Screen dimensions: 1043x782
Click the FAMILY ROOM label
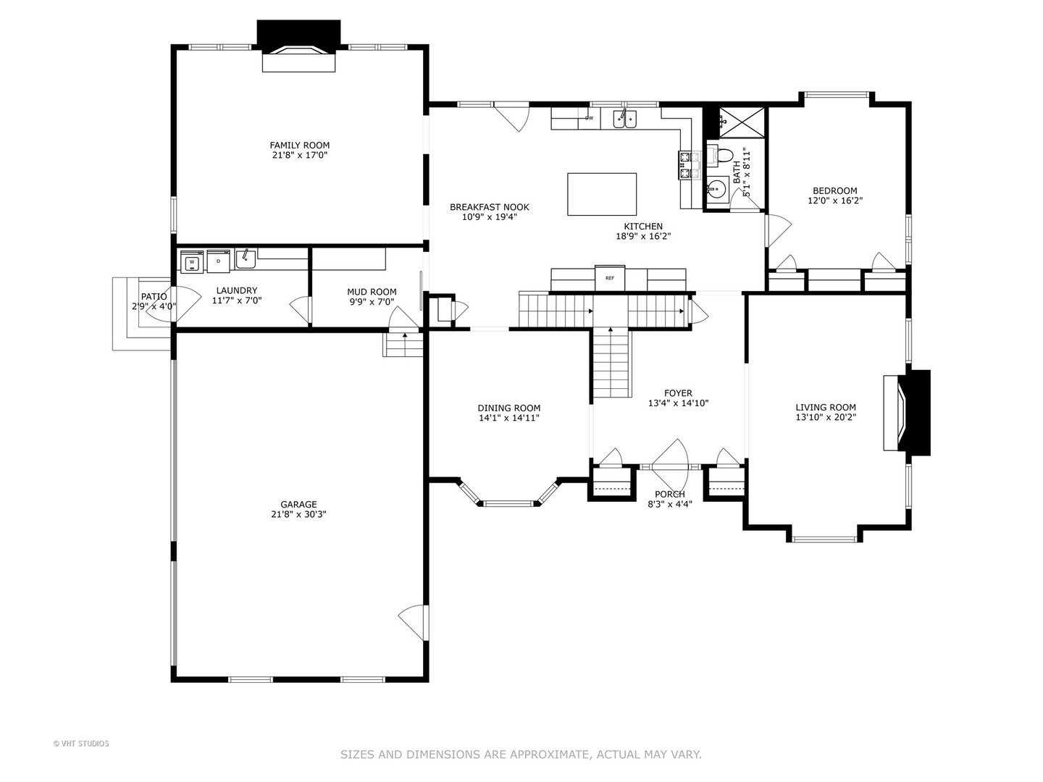299,146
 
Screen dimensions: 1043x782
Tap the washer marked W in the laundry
192,261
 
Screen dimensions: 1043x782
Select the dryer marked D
219,261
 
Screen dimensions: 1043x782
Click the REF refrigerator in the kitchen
610,278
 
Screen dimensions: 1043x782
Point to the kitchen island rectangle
602,194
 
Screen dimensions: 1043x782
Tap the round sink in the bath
716,190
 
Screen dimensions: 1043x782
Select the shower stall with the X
742,122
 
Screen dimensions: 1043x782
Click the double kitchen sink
624,118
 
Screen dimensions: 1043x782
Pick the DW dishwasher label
589,118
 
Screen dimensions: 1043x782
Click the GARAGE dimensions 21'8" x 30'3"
298,514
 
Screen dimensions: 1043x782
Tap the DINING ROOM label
509,408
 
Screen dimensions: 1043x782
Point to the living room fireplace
907,413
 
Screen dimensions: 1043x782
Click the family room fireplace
299,46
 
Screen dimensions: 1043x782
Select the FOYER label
678,393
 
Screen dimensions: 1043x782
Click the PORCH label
669,495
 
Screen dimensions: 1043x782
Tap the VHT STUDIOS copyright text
81,744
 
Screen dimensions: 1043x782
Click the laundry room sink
246,259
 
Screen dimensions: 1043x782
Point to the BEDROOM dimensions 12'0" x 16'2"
835,201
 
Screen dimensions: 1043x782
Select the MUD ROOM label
372,292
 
